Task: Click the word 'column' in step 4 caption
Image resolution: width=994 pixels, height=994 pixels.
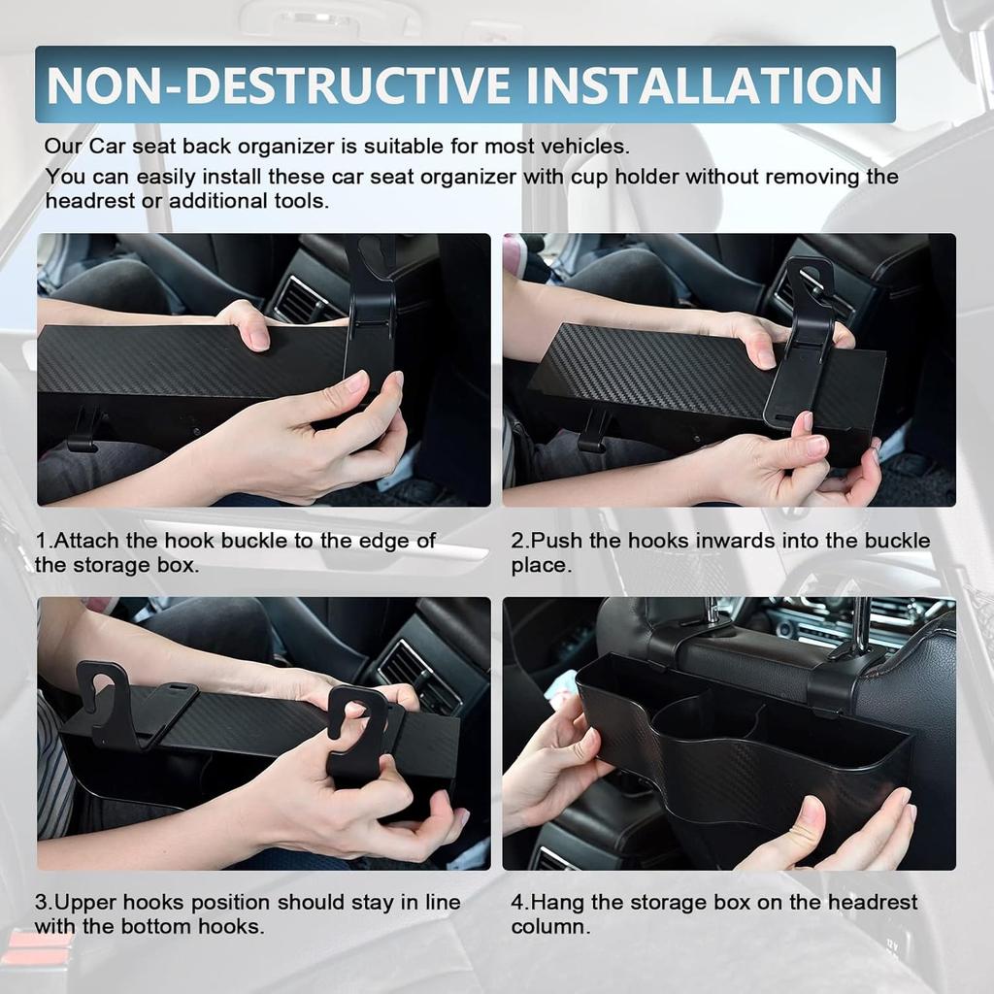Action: (547, 927)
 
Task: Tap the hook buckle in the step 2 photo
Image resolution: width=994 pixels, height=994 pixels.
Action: (803, 340)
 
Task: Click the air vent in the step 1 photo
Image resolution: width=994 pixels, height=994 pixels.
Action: (302, 301)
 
